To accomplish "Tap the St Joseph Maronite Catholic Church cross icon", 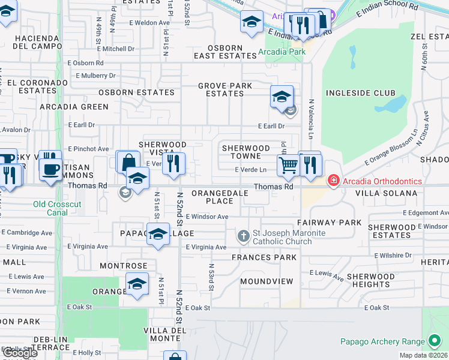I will (x=244, y=235).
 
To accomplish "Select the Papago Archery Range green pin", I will (x=433, y=341).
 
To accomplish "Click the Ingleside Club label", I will (x=361, y=93).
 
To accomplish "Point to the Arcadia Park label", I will (x=282, y=52).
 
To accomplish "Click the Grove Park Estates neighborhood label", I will (x=225, y=89).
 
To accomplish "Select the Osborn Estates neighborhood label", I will (x=136, y=92).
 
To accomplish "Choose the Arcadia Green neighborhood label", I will (x=74, y=107).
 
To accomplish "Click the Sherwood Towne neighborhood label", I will (x=246, y=152).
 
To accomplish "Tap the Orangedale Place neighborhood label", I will (x=211, y=197).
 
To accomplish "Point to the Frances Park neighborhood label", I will (x=264, y=257).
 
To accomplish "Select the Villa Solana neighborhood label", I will (x=386, y=193).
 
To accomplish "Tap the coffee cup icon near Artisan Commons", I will (x=50, y=168).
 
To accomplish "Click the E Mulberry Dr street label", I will (x=95, y=76).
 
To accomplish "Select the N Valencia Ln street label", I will (x=311, y=119).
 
